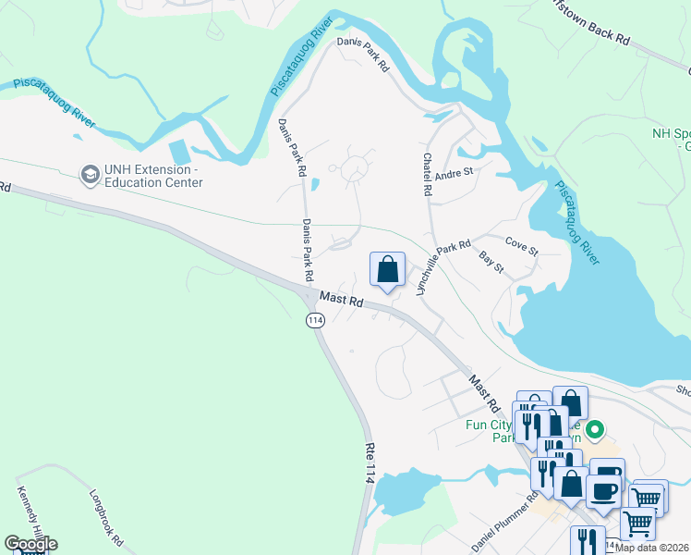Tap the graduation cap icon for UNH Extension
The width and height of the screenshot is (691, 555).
click(x=90, y=174)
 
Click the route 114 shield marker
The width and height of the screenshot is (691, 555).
click(x=315, y=319)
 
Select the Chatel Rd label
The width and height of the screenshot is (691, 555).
click(x=428, y=174)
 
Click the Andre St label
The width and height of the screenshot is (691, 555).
click(x=454, y=172)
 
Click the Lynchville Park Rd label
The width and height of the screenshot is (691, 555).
click(x=443, y=268)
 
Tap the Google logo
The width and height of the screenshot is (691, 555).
click(x=30, y=544)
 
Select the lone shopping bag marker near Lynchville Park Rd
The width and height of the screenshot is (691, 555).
click(x=388, y=269)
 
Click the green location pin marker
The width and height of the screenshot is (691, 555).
click(x=596, y=430)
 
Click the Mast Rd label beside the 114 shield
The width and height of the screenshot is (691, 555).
click(x=342, y=302)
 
